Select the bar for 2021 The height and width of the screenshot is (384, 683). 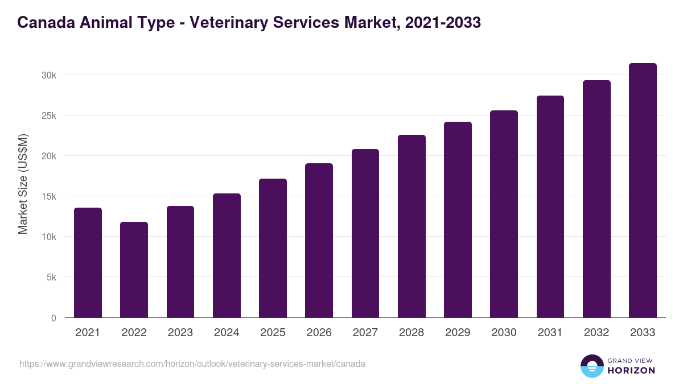[88, 263]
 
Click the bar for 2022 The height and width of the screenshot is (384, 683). [134, 270]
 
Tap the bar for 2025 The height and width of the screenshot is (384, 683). [273, 248]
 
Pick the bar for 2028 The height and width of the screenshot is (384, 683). [412, 226]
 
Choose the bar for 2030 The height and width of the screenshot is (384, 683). [504, 214]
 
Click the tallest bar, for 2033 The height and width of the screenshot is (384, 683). [643, 191]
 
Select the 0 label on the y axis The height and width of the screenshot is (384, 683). [54, 318]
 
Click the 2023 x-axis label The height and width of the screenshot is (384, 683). [180, 333]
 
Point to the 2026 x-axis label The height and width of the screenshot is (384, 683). [319, 333]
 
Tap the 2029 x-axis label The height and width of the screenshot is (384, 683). [458, 333]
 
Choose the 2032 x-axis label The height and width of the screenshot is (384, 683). [596, 333]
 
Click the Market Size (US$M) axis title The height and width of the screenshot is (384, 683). [23, 184]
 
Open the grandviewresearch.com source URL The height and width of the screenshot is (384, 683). [192, 364]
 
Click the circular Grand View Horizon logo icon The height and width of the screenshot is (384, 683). [591, 366]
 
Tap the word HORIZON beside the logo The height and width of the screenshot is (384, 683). [631, 370]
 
